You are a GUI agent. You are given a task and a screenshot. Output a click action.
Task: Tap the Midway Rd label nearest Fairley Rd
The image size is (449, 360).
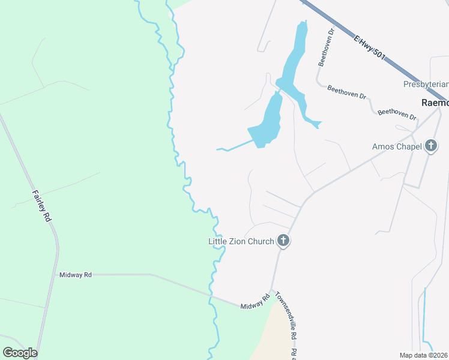point(75,275)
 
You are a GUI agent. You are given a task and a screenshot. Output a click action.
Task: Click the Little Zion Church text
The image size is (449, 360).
point(241,241)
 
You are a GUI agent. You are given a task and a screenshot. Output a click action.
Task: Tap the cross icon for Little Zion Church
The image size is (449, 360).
point(283,241)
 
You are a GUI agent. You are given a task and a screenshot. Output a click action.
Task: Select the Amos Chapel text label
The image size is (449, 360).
point(397,146)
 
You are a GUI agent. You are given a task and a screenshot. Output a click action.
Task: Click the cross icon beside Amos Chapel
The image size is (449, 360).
point(430,146)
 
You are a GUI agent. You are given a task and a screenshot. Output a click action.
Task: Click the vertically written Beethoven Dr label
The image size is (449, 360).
point(325,47)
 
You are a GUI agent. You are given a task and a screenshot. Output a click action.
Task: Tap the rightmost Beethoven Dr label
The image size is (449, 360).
point(397,113)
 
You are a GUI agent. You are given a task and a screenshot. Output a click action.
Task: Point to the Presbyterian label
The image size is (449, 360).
point(426,84)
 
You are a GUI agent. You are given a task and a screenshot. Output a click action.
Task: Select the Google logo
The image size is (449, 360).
point(20,353)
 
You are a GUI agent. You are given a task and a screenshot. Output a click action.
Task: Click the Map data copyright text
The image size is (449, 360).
point(423,355)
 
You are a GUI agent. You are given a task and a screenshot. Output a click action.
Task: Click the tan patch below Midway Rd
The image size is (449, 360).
point(273,336)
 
